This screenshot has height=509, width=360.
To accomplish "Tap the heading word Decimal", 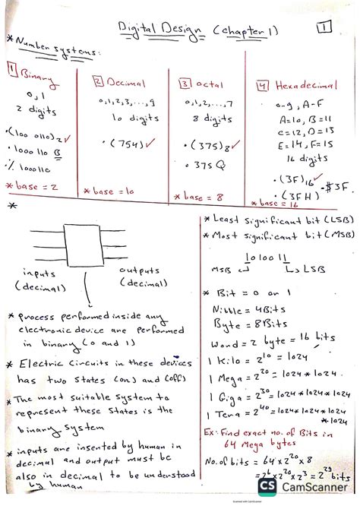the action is pyautogui.click(x=125, y=82).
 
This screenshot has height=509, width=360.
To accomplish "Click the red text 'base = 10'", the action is pyautogui.click(x=115, y=191).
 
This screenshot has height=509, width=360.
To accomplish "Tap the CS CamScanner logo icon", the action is pyautogui.click(x=267, y=487).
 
